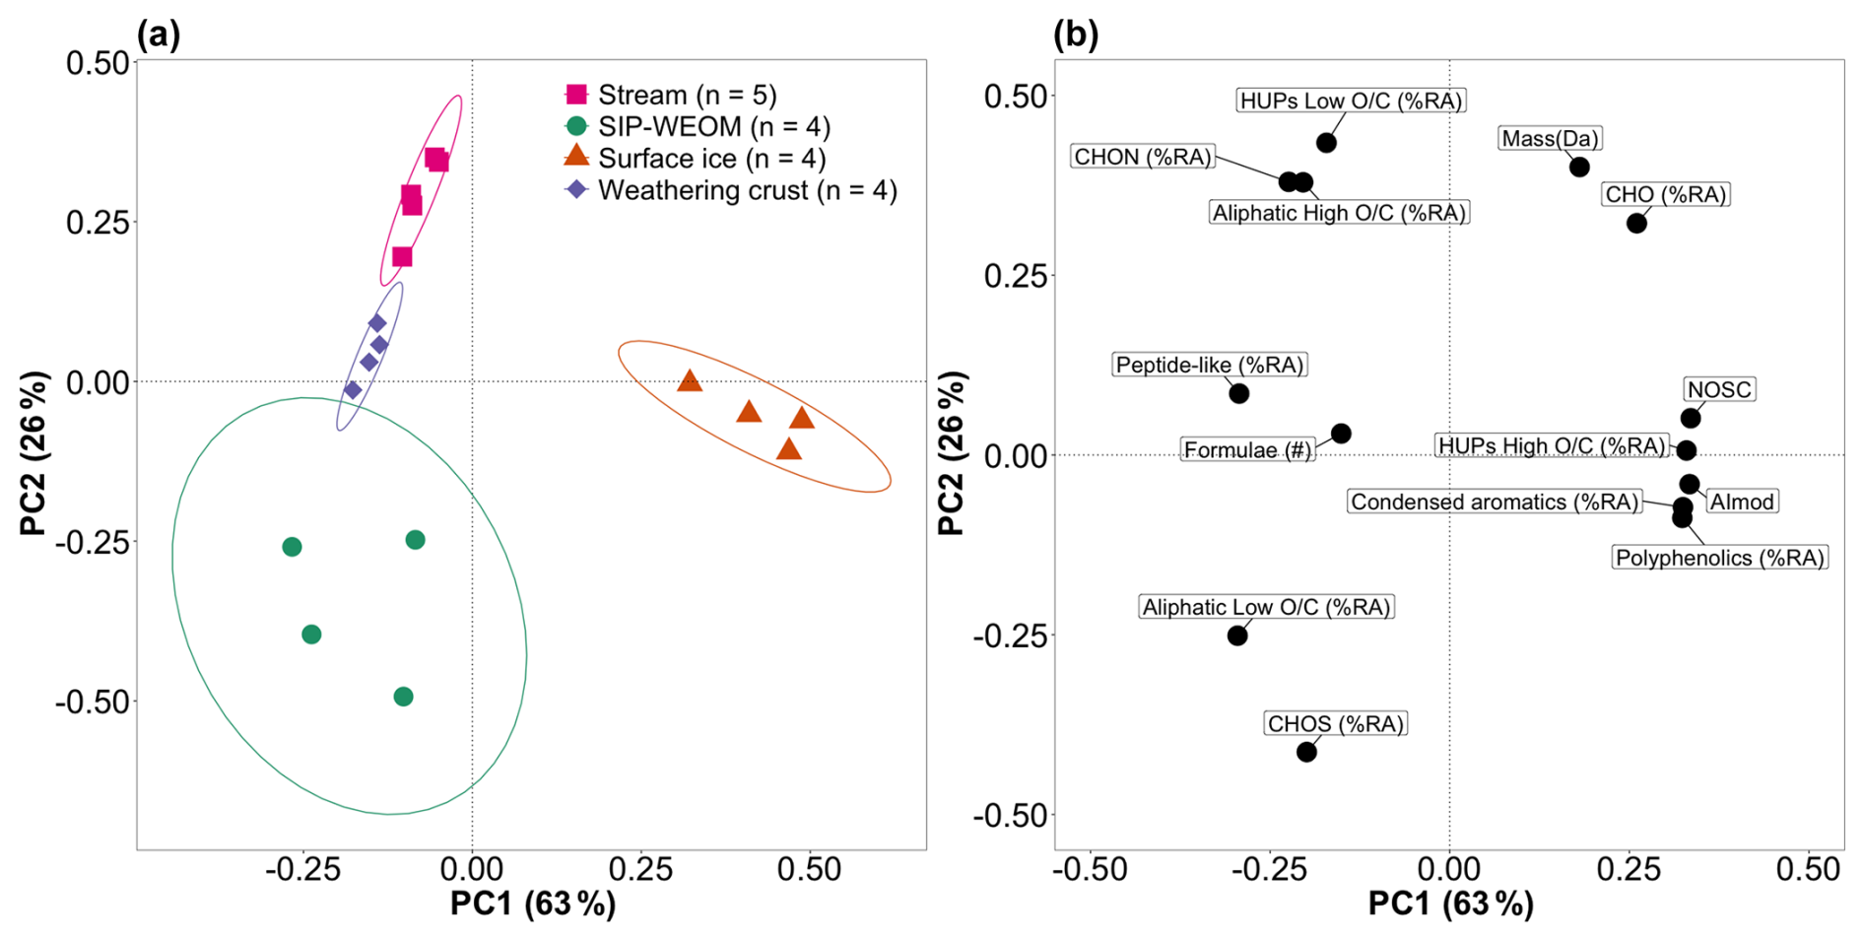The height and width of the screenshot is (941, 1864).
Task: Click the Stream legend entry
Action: coord(670,95)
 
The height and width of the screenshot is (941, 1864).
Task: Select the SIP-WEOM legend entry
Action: coord(698,126)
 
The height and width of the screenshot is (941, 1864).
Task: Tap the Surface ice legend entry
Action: coord(695,158)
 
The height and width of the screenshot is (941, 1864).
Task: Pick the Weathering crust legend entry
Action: coord(730,190)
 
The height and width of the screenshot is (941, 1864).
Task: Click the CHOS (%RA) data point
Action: coord(1306,752)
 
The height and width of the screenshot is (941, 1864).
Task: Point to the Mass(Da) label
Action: coord(1550,139)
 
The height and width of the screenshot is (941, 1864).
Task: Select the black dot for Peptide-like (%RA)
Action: coord(1239,393)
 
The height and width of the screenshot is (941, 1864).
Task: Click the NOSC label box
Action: coord(1719,389)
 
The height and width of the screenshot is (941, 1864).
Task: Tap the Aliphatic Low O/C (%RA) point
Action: coord(1237,636)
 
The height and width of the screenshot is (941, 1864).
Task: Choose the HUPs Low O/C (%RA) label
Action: coord(1351,101)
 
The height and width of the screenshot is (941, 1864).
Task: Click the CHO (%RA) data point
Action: coord(1636,224)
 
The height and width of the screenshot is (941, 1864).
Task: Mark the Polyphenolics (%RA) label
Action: coord(1719,558)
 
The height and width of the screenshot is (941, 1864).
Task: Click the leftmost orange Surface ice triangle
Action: coord(690,381)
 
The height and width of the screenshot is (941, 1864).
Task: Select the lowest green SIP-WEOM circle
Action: coord(403,697)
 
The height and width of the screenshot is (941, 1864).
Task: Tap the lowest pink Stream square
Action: coord(402,257)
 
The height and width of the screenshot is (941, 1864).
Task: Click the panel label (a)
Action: coord(159,35)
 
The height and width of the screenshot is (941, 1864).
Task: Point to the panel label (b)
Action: coord(1076,35)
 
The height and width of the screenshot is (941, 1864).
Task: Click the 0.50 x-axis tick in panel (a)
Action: coord(809,869)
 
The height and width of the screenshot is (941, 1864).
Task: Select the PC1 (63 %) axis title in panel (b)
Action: coord(1450,904)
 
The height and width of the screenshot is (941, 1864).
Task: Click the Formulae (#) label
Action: coord(1247,450)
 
